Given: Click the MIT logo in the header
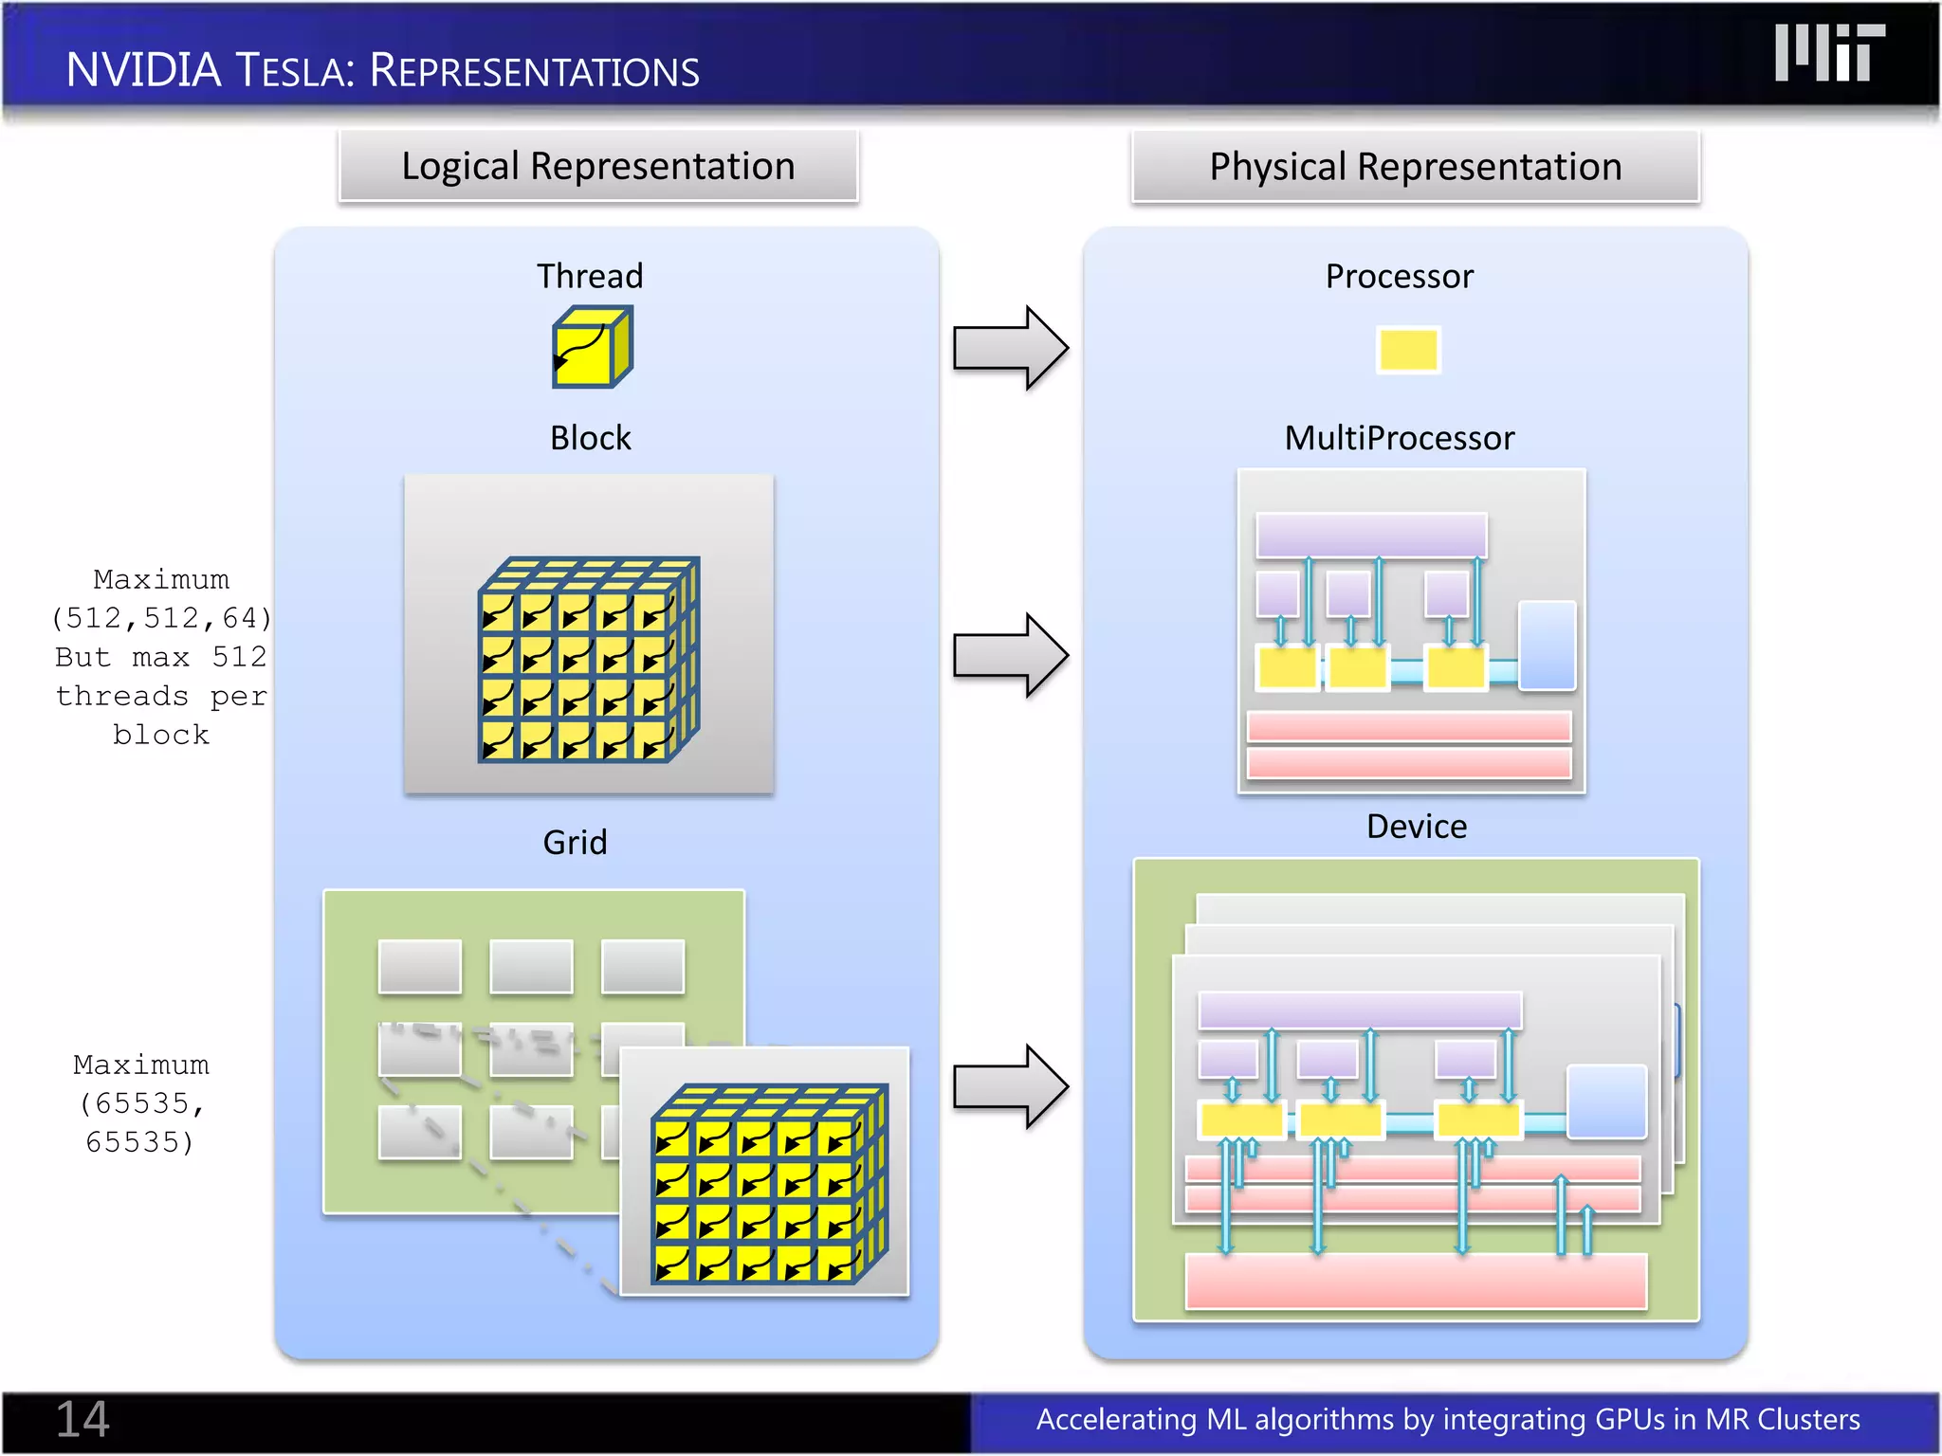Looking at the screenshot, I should coord(1829,54).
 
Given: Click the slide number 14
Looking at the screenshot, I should coord(82,1419).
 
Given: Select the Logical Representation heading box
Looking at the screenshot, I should coord(598,167).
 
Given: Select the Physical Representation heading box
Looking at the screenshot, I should coord(1415,167).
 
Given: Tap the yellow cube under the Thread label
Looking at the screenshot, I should coord(592,347).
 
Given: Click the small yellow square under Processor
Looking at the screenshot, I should coord(1407,350).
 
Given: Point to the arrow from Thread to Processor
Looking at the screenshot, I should coord(1010,348).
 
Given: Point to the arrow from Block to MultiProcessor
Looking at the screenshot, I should coord(1010,655).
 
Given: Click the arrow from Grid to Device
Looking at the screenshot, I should coord(1010,1086).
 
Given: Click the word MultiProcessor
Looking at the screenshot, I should coord(1399,438).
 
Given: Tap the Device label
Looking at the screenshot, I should coord(1416,827).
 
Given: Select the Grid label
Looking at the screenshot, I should coord(575,842).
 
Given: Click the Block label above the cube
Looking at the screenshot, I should coord(590,438).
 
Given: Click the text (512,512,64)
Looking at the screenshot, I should coord(161,618).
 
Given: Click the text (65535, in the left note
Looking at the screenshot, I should coord(141,1103).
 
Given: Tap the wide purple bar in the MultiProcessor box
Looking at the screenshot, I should coord(1370,536).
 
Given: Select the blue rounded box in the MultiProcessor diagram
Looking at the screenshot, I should coord(1547,645).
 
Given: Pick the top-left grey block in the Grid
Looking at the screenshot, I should coord(419,966).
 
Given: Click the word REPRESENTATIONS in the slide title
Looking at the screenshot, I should coord(534,71).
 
